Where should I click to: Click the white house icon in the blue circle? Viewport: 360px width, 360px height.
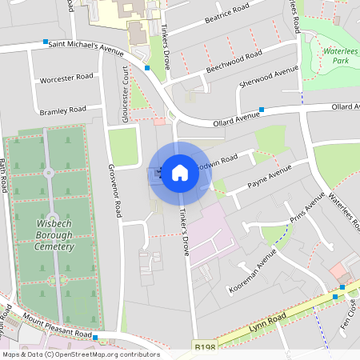[179, 173]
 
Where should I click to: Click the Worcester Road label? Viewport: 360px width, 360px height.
[66, 78]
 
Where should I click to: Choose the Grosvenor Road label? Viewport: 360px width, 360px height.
[114, 192]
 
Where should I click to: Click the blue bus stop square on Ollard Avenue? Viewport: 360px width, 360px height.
[262, 110]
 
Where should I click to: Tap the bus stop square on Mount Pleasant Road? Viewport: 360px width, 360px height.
[95, 338]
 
